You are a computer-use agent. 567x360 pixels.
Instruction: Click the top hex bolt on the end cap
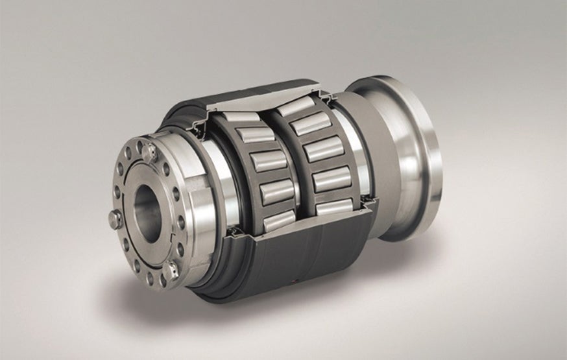click(150, 152)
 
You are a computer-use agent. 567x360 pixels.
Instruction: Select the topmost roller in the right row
click(296, 106)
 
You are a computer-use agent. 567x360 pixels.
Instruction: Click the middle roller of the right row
click(322, 149)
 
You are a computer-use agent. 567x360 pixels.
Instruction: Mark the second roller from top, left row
click(255, 134)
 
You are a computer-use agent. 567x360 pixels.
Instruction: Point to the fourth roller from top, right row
click(332, 178)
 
